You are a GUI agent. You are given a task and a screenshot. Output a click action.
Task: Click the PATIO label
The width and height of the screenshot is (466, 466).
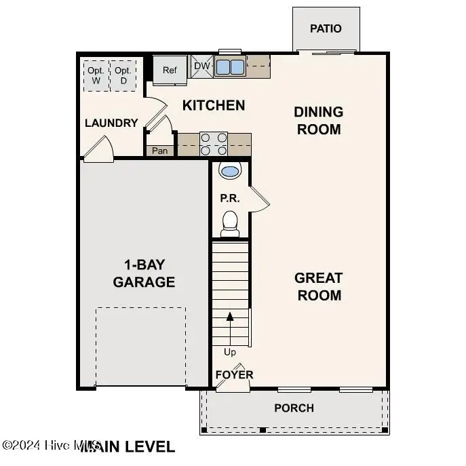(x=326, y=28)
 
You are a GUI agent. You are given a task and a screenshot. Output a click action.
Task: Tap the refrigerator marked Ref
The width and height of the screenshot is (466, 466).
(x=169, y=70)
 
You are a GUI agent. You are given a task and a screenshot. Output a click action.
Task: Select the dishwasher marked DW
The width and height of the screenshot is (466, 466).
(x=202, y=66)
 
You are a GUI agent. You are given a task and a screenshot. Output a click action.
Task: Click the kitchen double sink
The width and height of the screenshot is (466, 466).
(x=230, y=67)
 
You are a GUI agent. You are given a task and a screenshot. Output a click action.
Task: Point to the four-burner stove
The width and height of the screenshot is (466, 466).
(x=213, y=144)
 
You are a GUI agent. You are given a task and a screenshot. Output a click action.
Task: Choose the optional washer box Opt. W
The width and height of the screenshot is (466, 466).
(x=96, y=75)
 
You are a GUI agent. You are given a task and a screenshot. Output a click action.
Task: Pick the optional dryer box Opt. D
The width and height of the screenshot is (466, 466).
(x=123, y=75)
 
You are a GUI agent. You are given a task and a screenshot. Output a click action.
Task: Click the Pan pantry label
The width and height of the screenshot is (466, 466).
(x=159, y=151)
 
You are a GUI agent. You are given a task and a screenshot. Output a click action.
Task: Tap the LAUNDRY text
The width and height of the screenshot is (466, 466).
(x=111, y=123)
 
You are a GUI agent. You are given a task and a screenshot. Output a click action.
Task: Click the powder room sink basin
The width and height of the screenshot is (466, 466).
(x=230, y=170)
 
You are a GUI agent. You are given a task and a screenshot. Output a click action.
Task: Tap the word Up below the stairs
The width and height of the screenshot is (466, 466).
(x=230, y=352)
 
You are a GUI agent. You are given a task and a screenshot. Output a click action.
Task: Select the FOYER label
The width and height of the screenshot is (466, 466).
(x=234, y=374)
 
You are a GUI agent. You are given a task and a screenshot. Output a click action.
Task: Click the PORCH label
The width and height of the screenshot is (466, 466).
(x=294, y=408)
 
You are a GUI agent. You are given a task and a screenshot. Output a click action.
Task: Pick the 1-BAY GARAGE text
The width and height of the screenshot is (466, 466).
(x=144, y=273)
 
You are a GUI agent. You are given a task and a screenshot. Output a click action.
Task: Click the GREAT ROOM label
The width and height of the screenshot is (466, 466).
(x=318, y=286)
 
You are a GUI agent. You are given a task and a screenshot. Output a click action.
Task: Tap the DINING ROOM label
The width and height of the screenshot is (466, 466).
(x=318, y=120)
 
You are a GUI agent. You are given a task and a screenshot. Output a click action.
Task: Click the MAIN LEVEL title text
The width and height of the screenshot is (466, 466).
(x=129, y=446)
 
